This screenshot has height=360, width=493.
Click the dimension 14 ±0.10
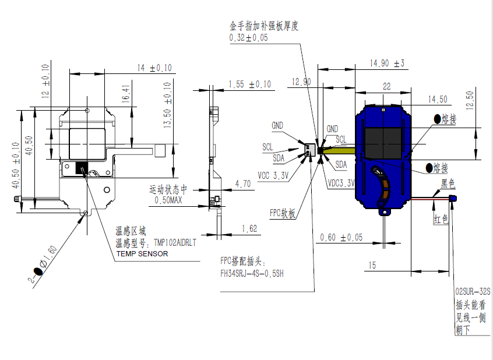pyautogui.click(x=154, y=68)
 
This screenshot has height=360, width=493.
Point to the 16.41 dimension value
pyautogui.click(x=126, y=97)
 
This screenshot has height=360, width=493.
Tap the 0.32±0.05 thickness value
pyautogui.click(x=249, y=38)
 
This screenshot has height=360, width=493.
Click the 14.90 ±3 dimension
pyautogui.click(x=387, y=63)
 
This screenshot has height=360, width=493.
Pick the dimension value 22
pyautogui.click(x=386, y=86)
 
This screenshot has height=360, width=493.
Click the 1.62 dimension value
pyautogui.click(x=249, y=229)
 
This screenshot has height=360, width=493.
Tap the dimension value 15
pyautogui.click(x=372, y=265)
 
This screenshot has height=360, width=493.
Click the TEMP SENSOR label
pyautogui.click(x=142, y=253)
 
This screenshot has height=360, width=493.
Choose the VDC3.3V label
pyautogui.click(x=341, y=182)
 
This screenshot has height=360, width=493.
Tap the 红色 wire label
pyautogui.click(x=440, y=219)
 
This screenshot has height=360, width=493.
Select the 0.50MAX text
pyautogui.click(x=168, y=200)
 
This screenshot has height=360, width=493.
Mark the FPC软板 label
pyautogui.click(x=283, y=213)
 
